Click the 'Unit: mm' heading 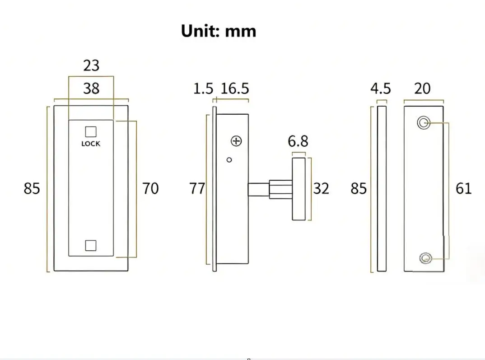pyautogui.click(x=219, y=31)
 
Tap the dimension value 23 pyautogui.click(x=91, y=65)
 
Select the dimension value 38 pyautogui.click(x=91, y=89)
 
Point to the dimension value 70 pyautogui.click(x=150, y=188)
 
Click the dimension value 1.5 pyautogui.click(x=203, y=89)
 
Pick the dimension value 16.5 pyautogui.click(x=235, y=89)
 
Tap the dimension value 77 pyautogui.click(x=197, y=188)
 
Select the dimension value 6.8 pyautogui.click(x=298, y=141)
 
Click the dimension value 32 pyautogui.click(x=321, y=188)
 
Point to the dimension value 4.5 pyautogui.click(x=381, y=89)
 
